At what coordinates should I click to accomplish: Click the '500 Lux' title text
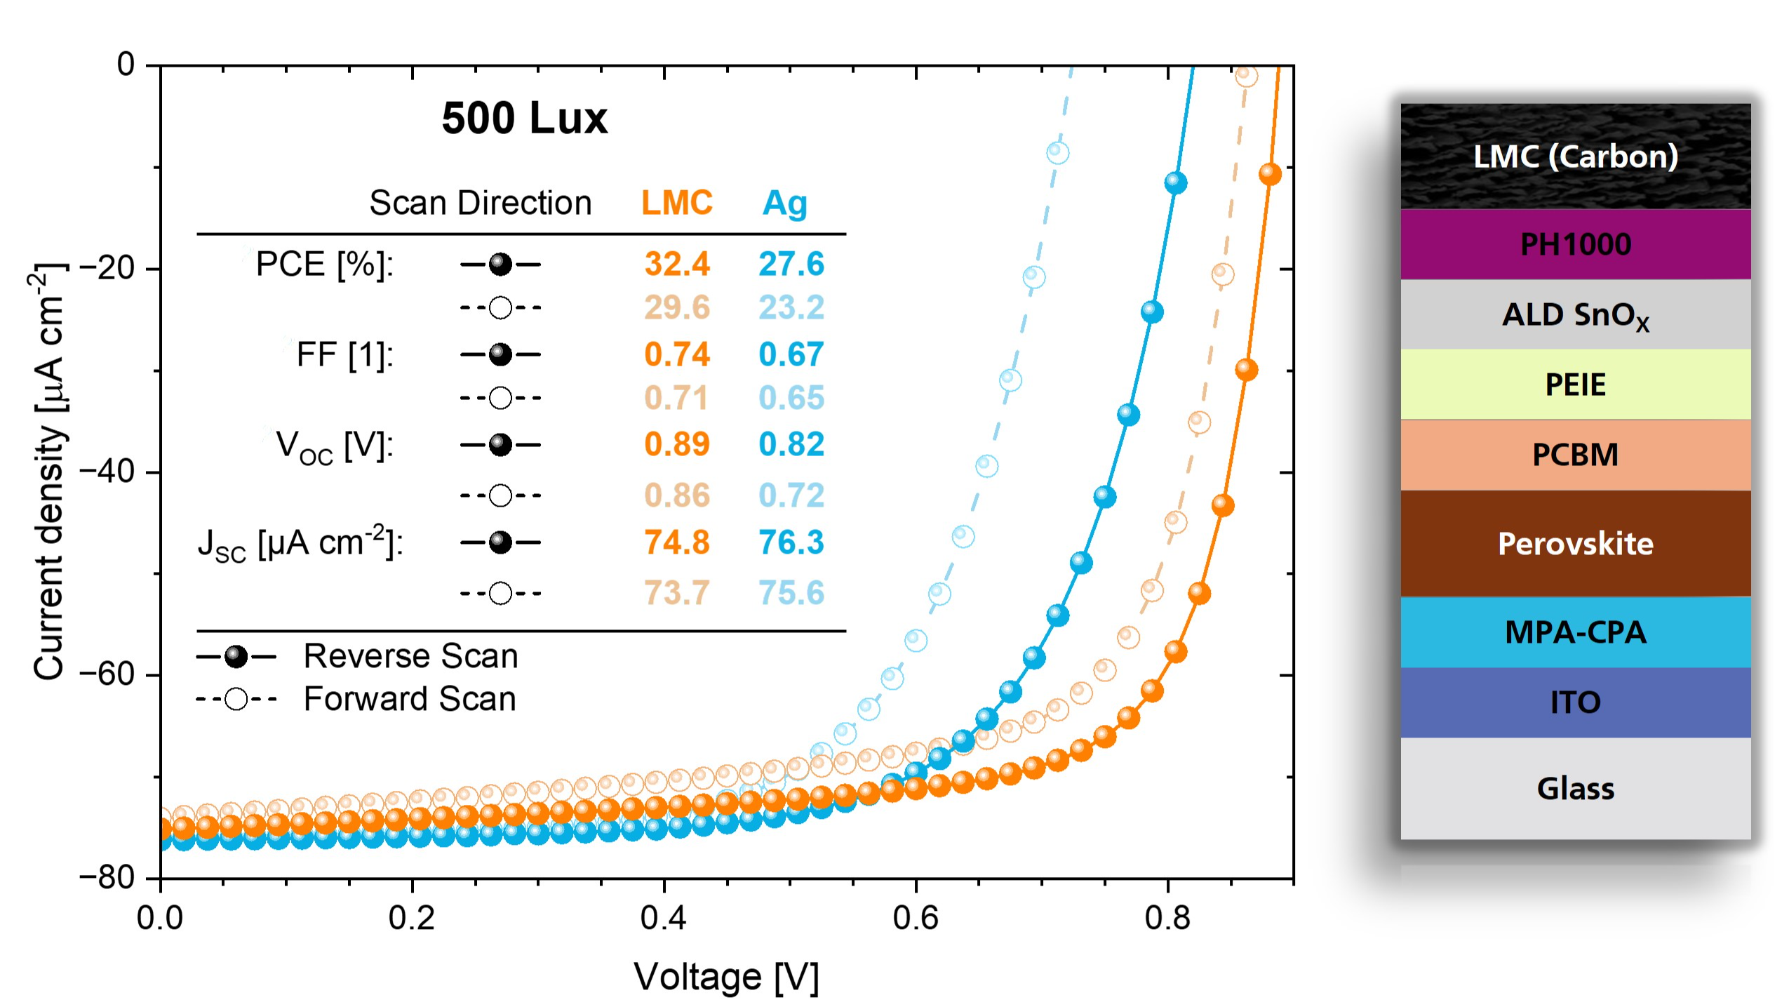(x=524, y=118)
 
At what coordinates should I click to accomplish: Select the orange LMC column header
(x=676, y=203)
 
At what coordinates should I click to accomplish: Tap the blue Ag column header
(x=784, y=204)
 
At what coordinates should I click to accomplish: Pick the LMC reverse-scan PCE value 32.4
(x=677, y=264)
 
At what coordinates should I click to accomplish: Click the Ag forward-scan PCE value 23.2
(x=791, y=307)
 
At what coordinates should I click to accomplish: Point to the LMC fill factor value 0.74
(x=677, y=354)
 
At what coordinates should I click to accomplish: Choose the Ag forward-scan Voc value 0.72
(x=791, y=495)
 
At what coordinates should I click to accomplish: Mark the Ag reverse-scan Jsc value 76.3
(x=791, y=542)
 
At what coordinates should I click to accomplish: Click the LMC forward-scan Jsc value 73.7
(x=677, y=593)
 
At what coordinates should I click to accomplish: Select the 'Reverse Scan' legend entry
(x=410, y=656)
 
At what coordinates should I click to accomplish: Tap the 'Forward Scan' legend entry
(x=410, y=699)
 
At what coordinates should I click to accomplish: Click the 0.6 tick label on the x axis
(x=916, y=917)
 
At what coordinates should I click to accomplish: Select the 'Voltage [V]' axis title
(x=726, y=977)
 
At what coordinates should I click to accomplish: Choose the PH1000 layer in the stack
(x=1575, y=244)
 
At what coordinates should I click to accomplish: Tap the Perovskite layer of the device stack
(x=1575, y=544)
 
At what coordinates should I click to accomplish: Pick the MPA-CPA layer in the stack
(x=1575, y=632)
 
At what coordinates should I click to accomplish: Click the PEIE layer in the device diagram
(x=1575, y=385)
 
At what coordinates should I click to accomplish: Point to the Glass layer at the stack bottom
(x=1575, y=788)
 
